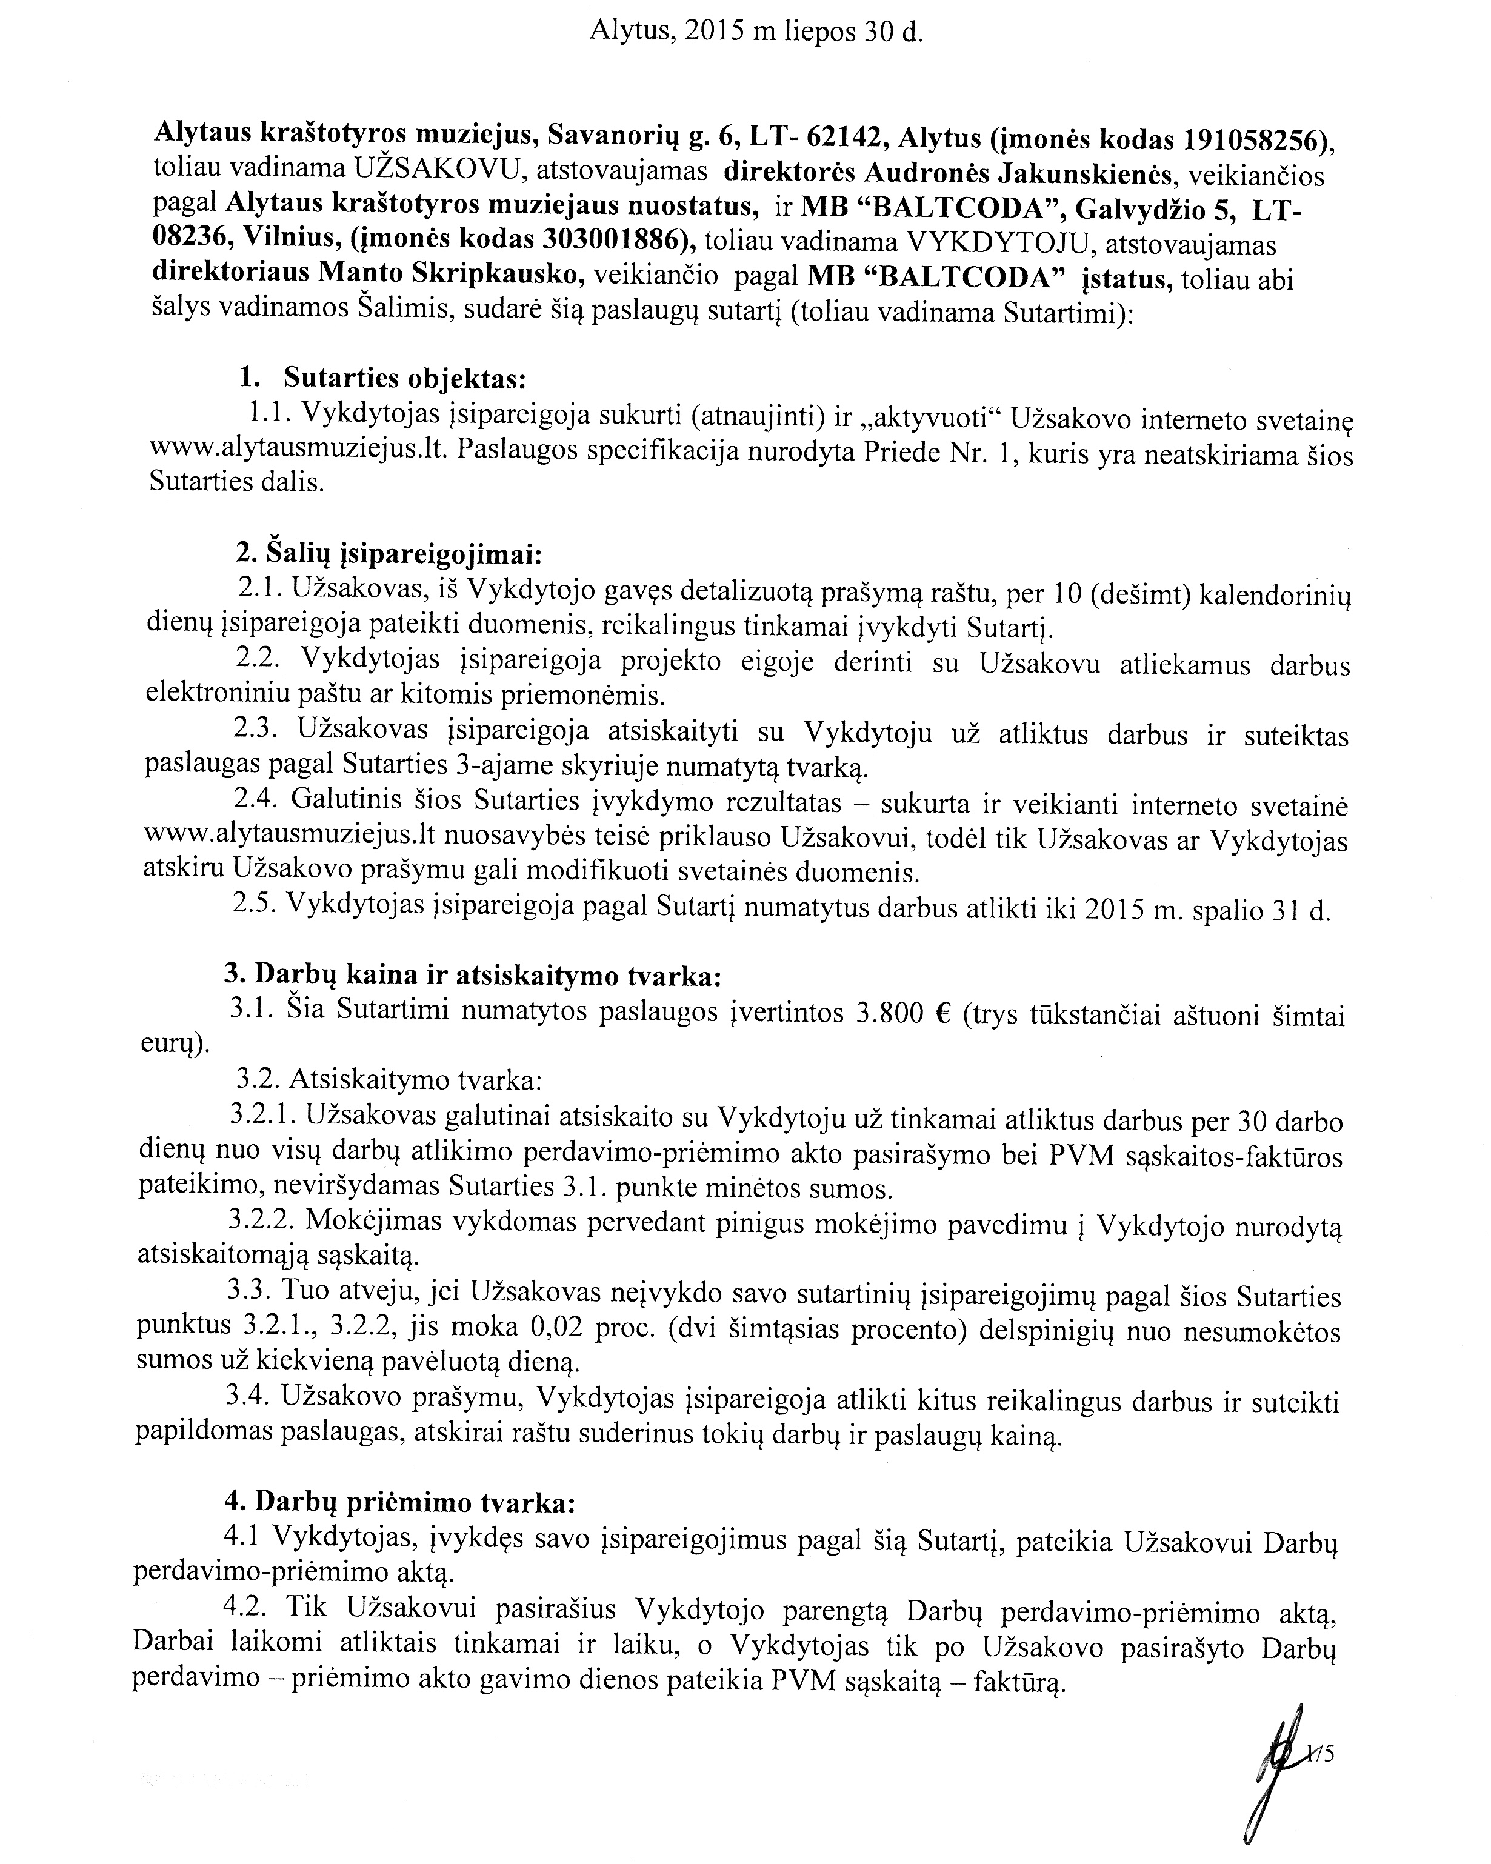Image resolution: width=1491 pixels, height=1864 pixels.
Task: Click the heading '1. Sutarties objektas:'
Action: pyautogui.click(x=382, y=379)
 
